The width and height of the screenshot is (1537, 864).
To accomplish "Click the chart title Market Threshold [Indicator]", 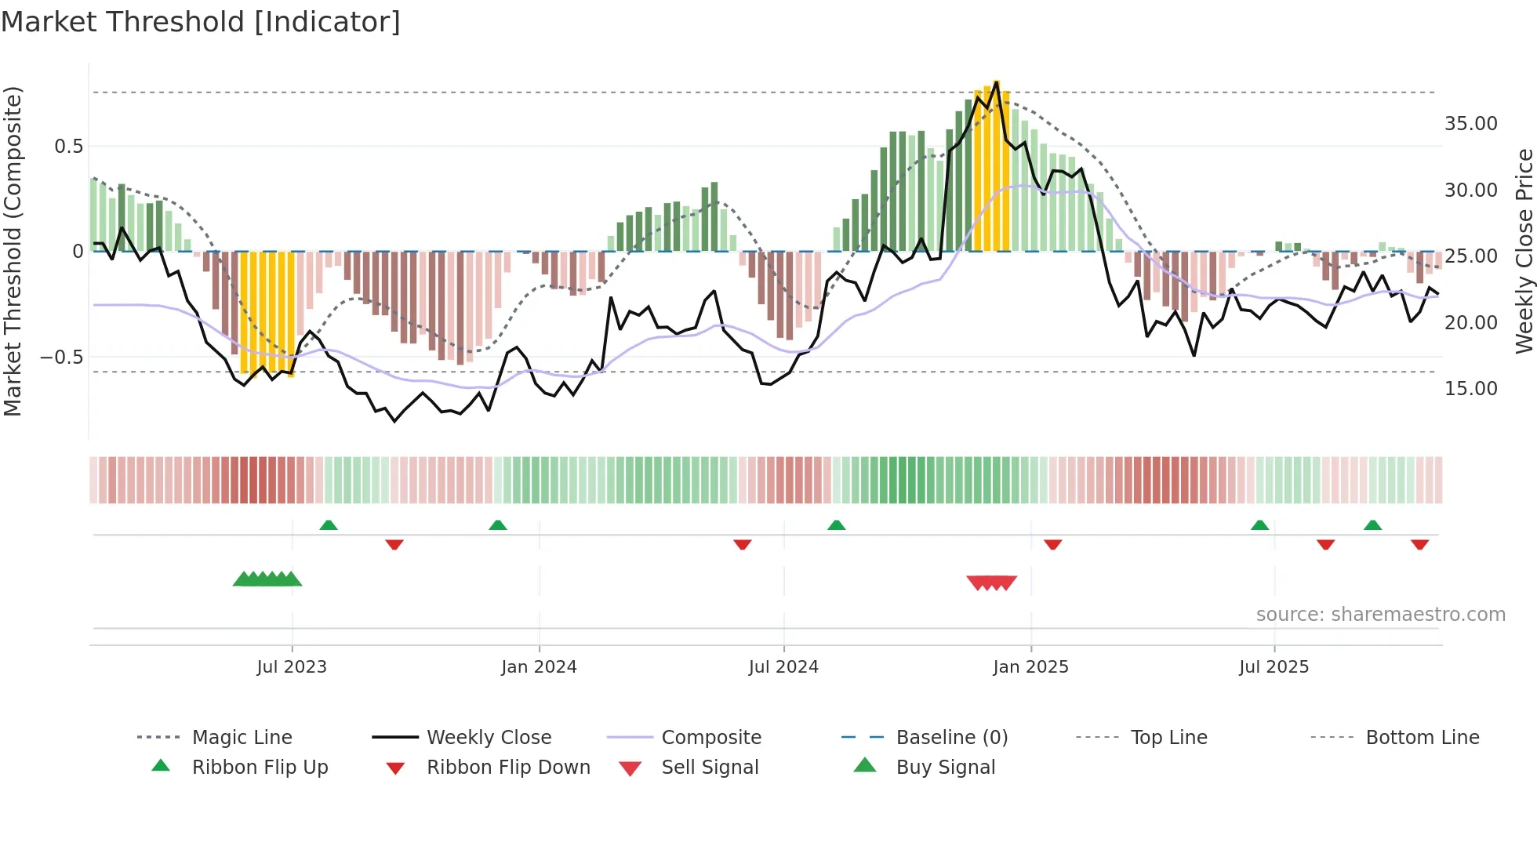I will [x=201, y=22].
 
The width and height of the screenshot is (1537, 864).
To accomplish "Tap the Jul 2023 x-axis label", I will [x=292, y=667].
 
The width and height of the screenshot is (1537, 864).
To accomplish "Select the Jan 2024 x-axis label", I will [x=539, y=667].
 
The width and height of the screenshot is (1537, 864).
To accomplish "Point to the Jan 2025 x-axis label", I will [x=1030, y=667].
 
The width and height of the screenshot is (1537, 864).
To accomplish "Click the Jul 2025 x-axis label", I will [x=1274, y=667].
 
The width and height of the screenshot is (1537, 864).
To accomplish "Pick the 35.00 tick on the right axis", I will [x=1470, y=124].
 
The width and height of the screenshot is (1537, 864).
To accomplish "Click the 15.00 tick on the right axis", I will [x=1470, y=389].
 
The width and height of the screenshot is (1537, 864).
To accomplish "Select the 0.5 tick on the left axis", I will [x=68, y=147].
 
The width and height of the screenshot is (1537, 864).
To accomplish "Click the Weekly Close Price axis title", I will [x=1524, y=251].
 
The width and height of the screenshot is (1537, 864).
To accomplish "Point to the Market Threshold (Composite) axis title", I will [x=13, y=251].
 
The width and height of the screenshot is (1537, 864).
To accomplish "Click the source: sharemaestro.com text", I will [x=1380, y=615].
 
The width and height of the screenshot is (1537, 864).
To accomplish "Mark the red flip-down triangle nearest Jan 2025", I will [x=1053, y=544].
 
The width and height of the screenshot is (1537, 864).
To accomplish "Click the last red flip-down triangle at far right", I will [x=1419, y=544].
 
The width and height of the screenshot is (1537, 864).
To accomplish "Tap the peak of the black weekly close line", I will [x=997, y=82].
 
